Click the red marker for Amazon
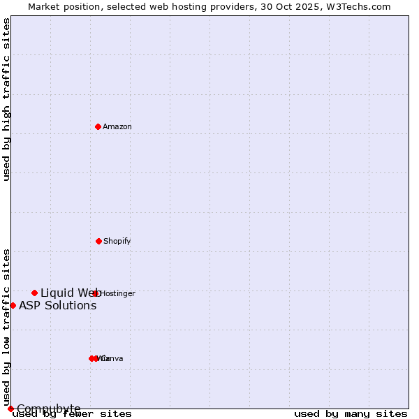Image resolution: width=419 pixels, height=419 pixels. tap(98, 126)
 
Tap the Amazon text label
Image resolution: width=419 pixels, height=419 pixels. tap(117, 127)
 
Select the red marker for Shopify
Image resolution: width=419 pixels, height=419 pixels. tap(98, 241)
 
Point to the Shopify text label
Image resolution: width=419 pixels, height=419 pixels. tap(117, 242)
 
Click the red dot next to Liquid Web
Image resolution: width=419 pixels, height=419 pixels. tap(34, 293)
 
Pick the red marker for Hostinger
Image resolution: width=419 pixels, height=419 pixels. tap(96, 293)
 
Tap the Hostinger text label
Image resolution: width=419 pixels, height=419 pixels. tap(118, 294)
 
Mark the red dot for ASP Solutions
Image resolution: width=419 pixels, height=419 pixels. tap(13, 305)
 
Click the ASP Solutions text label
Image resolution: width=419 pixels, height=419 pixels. tap(58, 306)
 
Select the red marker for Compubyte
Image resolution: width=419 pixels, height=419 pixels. tap(10, 409)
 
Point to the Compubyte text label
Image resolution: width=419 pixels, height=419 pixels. tap(49, 409)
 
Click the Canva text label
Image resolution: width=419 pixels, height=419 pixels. tap(112, 359)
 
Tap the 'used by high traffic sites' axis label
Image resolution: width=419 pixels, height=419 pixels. tap(7, 99)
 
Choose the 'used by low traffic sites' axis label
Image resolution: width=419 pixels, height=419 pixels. tap(7, 327)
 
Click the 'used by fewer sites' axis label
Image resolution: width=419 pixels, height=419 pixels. tap(72, 414)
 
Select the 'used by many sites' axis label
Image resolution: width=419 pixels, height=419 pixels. tap(351, 414)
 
